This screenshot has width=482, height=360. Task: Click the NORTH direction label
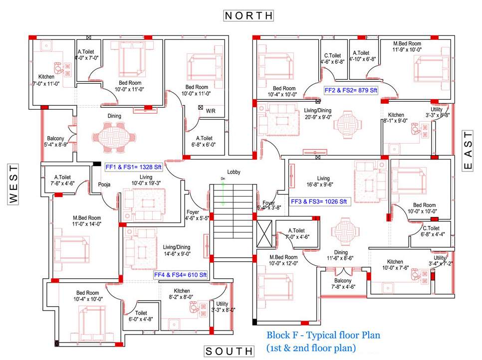(248, 15)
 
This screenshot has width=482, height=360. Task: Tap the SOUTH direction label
(229, 351)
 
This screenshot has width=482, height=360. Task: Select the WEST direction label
(13, 184)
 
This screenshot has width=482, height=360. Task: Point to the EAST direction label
(468, 152)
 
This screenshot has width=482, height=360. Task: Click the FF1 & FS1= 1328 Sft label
(133, 167)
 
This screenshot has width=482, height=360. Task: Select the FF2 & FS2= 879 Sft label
(351, 90)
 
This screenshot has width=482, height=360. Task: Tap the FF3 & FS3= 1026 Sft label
(319, 201)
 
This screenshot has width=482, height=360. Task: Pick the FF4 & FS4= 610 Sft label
(180, 274)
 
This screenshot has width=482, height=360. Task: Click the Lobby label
(234, 172)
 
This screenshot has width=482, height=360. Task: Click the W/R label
(211, 112)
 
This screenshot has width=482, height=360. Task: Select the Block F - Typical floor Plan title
(323, 335)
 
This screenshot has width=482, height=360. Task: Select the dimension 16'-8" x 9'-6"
(323, 184)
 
